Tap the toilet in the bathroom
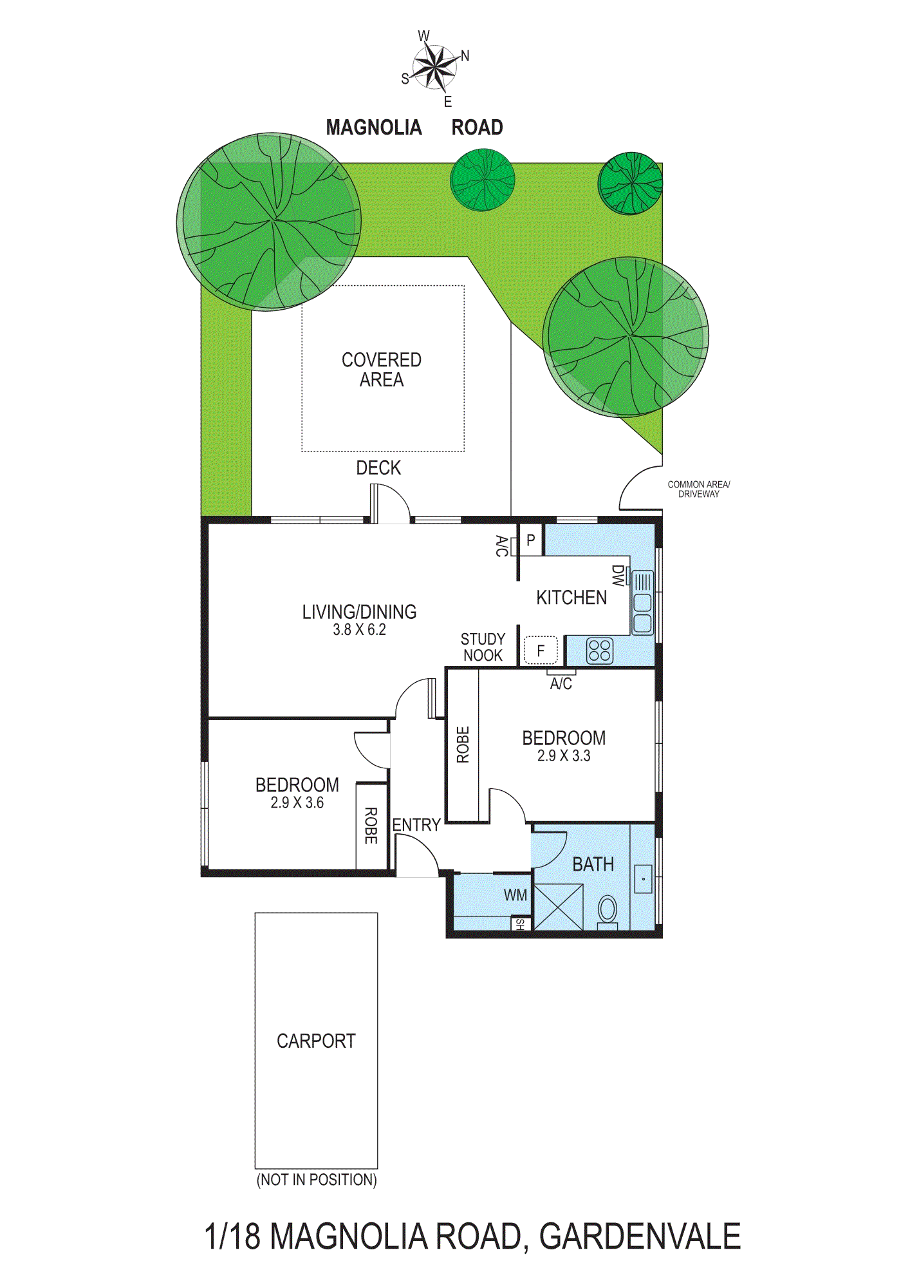click(608, 911)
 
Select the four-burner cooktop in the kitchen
click(600, 650)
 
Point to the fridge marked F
click(541, 650)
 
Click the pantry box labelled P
click(531, 540)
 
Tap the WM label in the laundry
click(515, 895)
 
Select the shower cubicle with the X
click(559, 907)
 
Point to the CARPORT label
click(316, 1041)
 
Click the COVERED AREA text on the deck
click(382, 370)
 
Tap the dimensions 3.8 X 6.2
click(359, 630)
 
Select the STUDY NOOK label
click(483, 647)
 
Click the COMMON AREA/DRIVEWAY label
click(698, 489)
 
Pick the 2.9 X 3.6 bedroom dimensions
click(297, 803)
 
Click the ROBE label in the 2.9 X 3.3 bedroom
click(463, 745)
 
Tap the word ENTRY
click(416, 825)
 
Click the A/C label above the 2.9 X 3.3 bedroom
click(561, 684)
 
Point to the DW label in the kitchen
click(617, 576)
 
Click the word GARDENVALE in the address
click(640, 1237)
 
